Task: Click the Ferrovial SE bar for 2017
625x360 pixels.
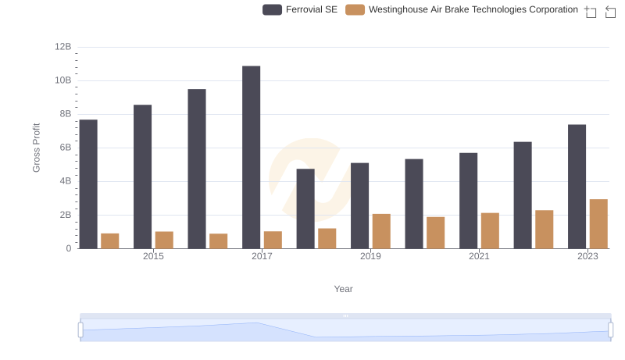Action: point(251,157)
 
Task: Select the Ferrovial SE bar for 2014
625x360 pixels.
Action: point(88,184)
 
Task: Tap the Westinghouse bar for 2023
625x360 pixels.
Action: point(598,223)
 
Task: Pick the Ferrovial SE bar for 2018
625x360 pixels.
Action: point(305,209)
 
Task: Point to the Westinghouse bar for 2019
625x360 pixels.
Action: point(381,231)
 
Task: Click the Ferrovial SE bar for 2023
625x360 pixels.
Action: point(577,187)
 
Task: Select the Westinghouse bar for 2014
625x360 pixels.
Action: point(110,241)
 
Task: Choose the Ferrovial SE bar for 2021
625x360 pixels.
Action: point(468,201)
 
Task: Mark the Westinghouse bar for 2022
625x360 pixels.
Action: point(544,229)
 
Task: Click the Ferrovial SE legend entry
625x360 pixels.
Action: point(300,9)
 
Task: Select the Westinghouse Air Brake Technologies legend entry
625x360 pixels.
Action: point(462,9)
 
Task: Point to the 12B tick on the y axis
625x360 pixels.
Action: point(63,47)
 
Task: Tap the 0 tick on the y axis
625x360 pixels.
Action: point(68,248)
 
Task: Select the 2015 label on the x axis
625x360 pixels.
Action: point(153,257)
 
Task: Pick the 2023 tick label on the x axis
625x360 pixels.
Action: point(587,257)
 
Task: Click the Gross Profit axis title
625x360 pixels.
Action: point(36,148)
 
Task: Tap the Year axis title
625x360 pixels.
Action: point(344,289)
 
